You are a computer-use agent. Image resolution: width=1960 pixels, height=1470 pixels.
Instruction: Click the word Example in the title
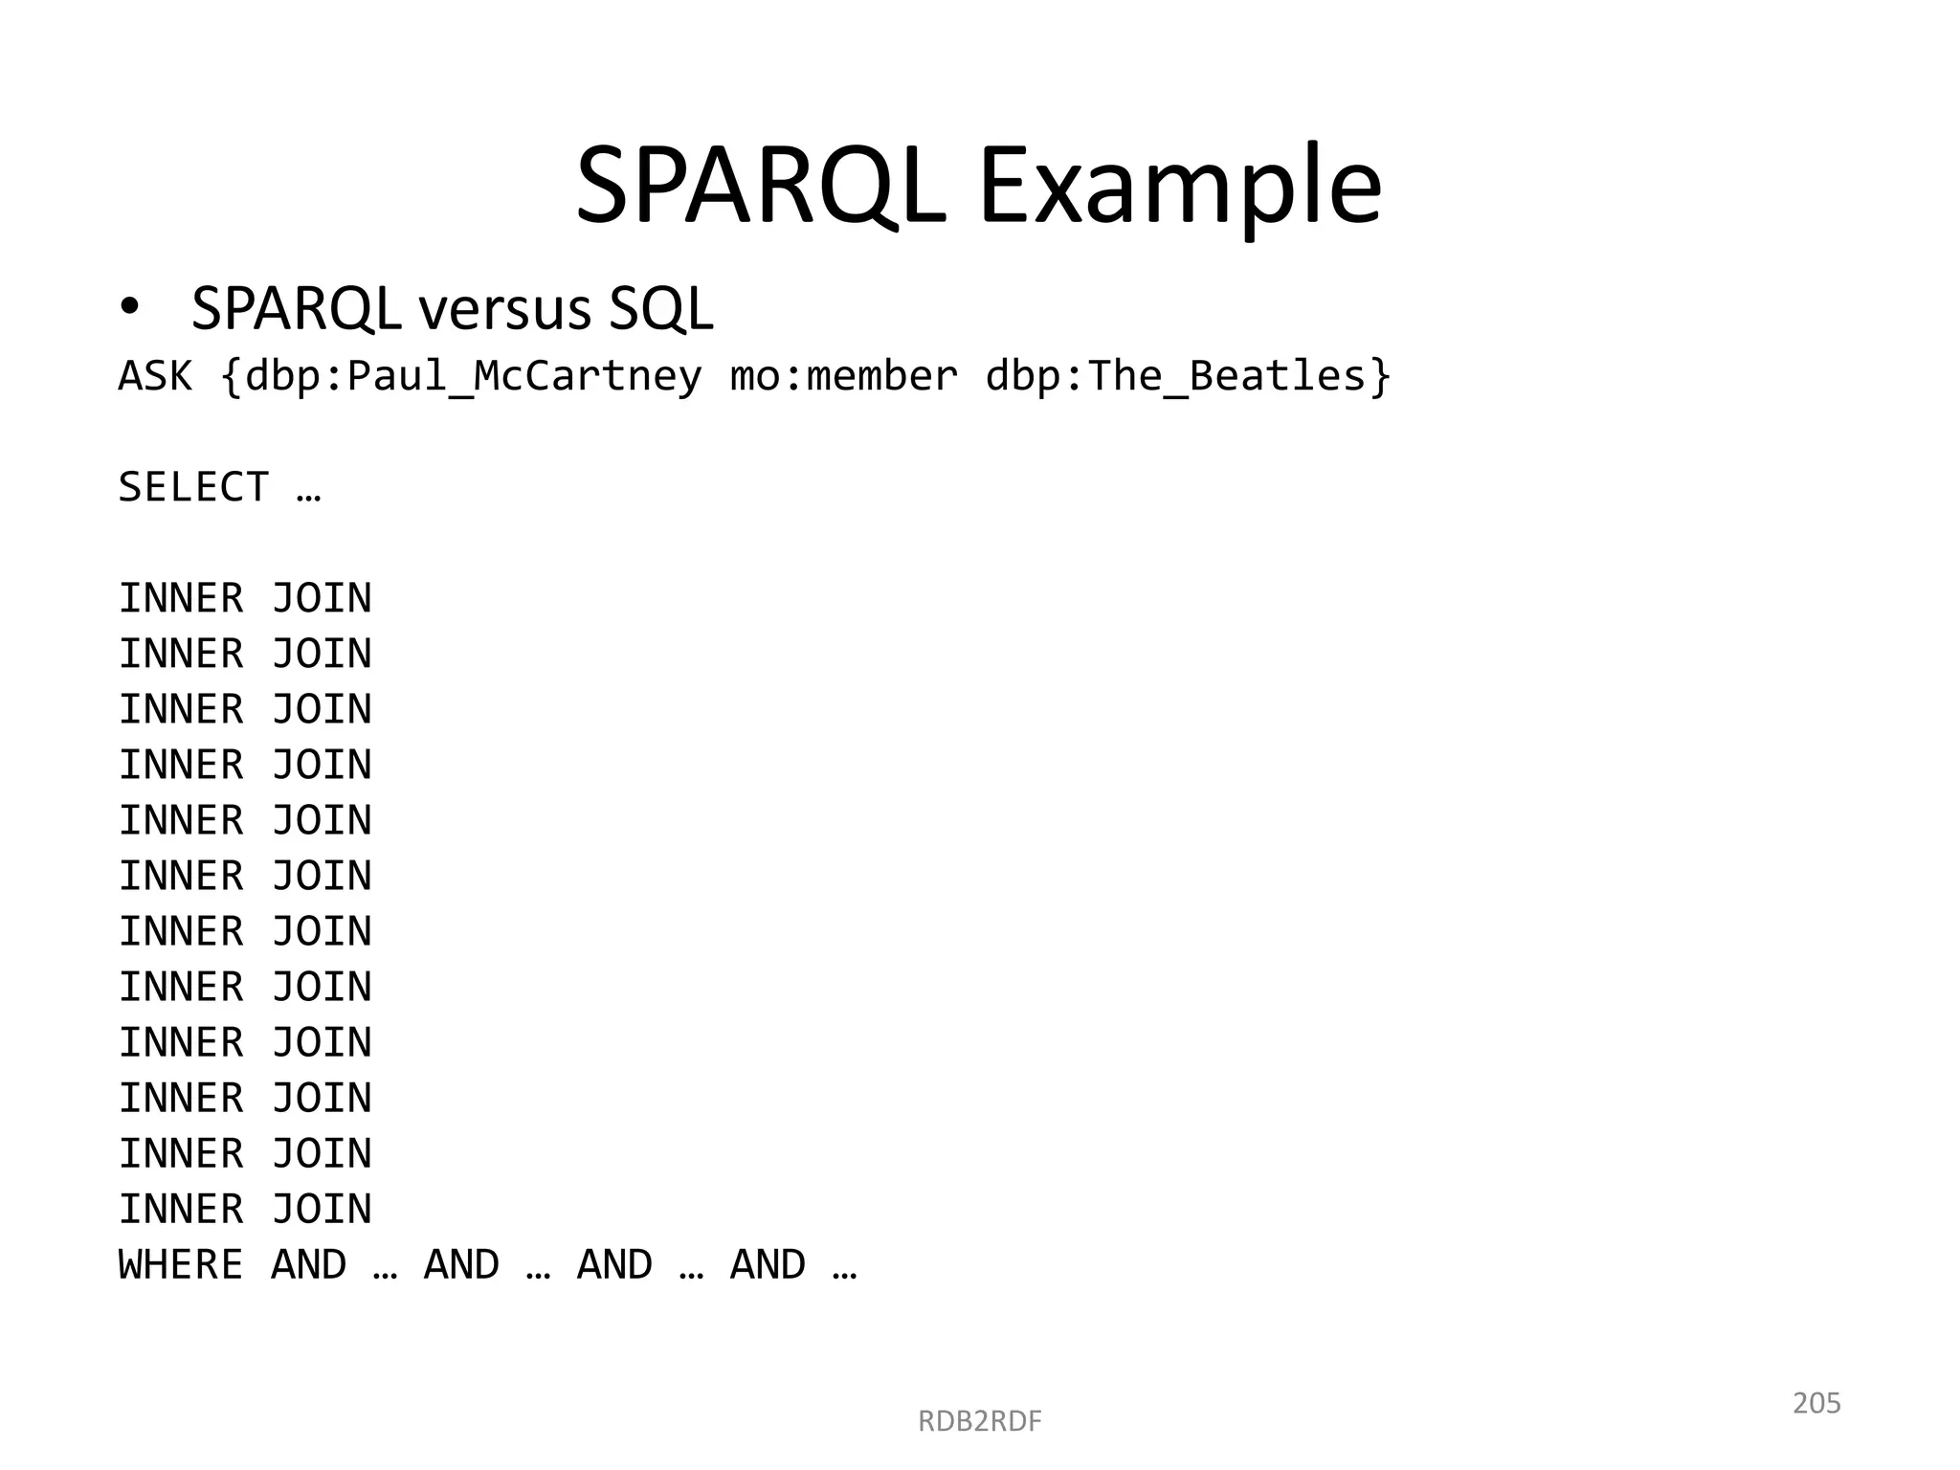pos(1179,188)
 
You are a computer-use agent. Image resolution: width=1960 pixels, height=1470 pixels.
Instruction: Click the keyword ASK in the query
pos(155,375)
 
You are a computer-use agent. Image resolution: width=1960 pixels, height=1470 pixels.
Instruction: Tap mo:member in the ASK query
pos(843,375)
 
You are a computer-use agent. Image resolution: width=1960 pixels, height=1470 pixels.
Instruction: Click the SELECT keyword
pos(193,487)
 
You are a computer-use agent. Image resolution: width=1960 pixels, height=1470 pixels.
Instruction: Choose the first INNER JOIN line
pos(245,598)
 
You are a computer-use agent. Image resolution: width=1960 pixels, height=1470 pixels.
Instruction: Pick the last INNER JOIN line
pos(245,1209)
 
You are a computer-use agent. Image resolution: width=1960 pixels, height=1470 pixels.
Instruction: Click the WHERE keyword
pos(181,1264)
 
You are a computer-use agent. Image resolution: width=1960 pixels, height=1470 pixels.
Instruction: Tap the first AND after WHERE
pos(308,1264)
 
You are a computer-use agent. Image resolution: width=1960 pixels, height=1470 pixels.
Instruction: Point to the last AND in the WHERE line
pos(768,1264)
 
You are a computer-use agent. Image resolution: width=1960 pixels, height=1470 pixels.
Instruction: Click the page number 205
pos(1816,1403)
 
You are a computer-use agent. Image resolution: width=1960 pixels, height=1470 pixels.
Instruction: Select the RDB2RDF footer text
pos(979,1421)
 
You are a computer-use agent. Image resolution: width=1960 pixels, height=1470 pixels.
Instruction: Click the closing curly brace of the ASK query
pos(1380,377)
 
